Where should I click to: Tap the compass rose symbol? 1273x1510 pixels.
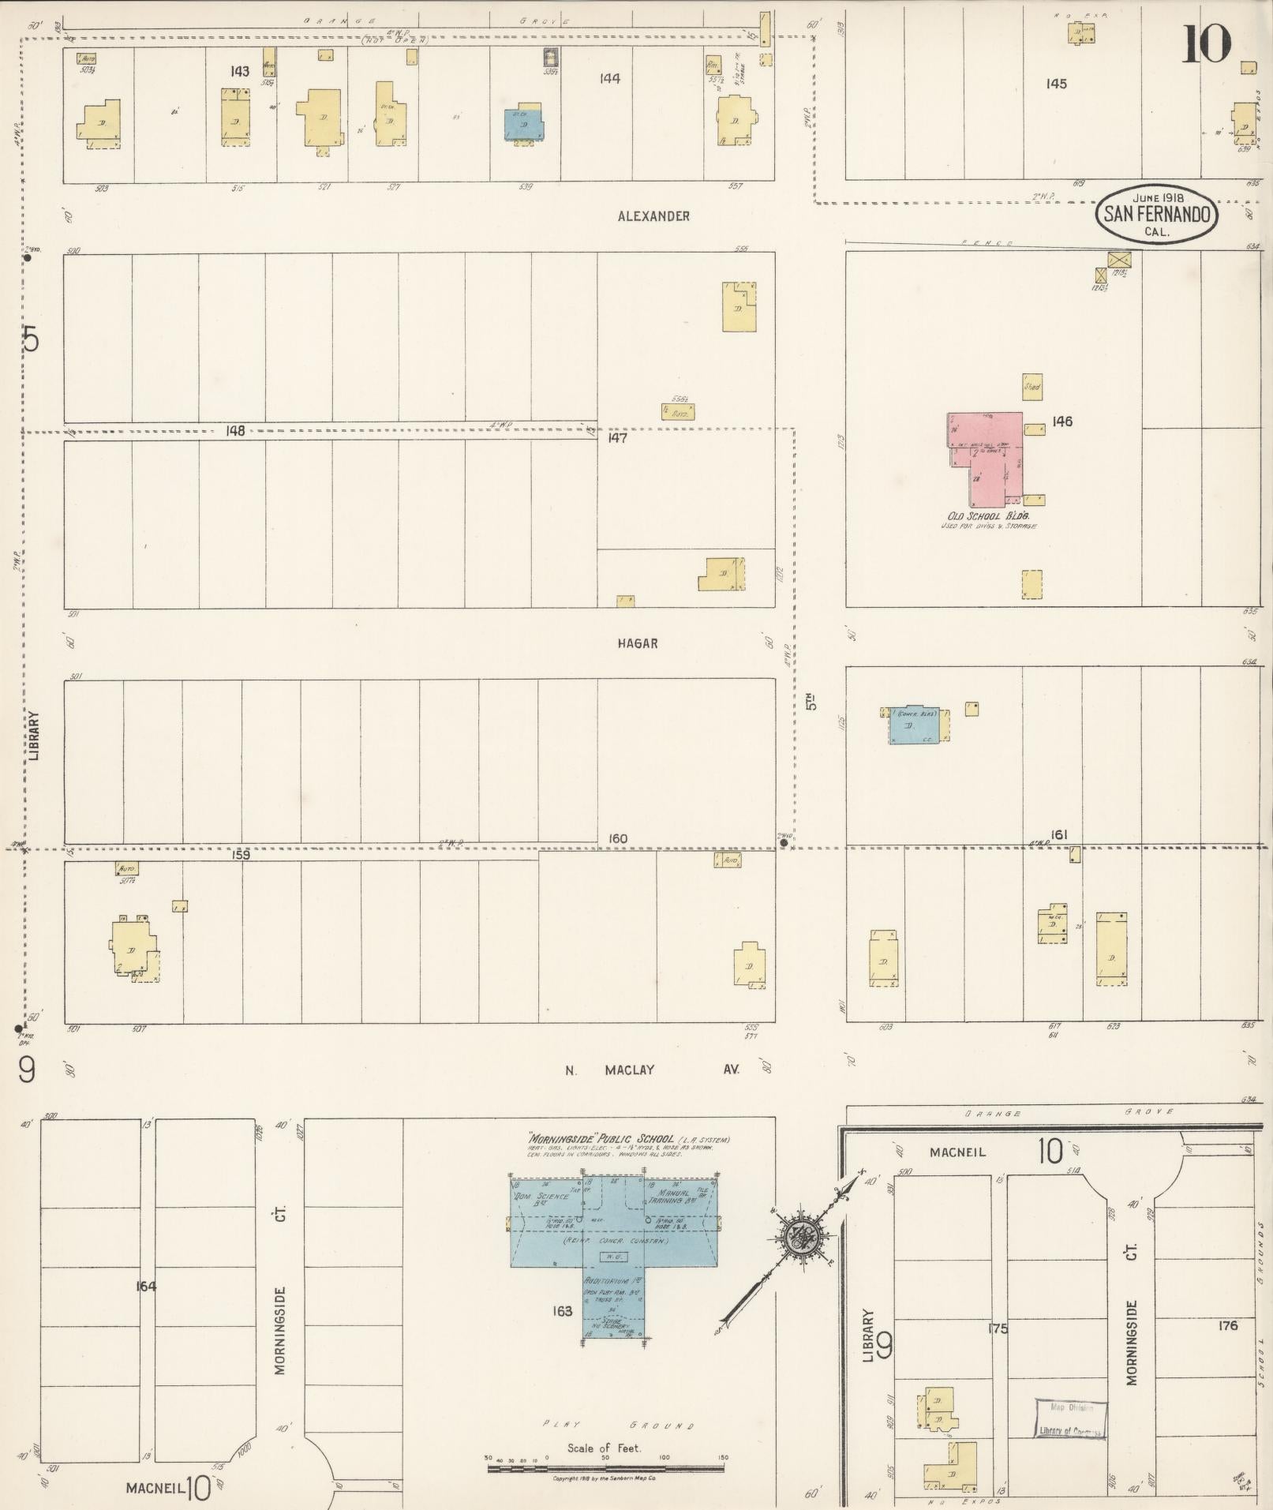[x=799, y=1235]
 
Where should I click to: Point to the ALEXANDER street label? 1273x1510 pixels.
[x=654, y=216]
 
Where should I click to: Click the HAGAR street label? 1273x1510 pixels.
[x=638, y=643]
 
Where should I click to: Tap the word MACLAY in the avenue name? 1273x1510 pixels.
[x=630, y=1070]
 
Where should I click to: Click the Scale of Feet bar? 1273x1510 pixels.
[x=605, y=1468]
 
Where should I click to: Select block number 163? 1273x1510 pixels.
[x=562, y=1311]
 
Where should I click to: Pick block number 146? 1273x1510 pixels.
[x=1062, y=422]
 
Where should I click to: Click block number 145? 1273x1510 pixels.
[x=1056, y=84]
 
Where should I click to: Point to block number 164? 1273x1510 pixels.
[x=146, y=1286]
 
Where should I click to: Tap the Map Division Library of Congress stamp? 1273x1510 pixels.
[x=1070, y=1420]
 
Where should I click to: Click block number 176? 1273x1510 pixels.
[x=1228, y=1325]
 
